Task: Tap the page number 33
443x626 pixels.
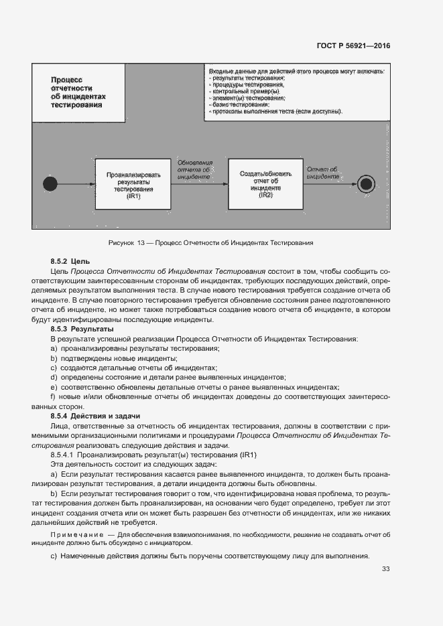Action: (x=385, y=569)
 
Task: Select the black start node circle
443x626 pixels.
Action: (x=48, y=183)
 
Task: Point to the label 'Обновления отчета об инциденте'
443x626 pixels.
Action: (x=195, y=170)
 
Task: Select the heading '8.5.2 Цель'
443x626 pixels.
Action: (x=70, y=260)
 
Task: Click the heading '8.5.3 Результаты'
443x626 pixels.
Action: (x=82, y=329)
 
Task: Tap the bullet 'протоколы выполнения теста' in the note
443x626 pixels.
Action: (x=275, y=112)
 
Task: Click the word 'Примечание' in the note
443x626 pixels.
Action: (x=73, y=535)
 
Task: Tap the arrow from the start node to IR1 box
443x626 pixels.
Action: (x=74, y=183)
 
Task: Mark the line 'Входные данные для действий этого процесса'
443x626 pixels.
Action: (x=296, y=71)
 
